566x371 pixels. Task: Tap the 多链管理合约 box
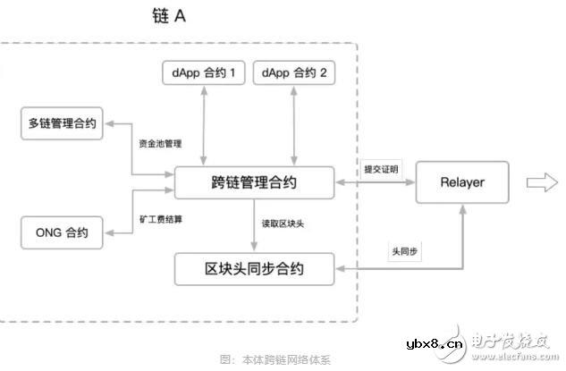pos(63,122)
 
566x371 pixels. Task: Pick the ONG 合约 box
pos(63,234)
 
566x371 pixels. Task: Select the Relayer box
pos(461,183)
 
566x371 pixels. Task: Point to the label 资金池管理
pos(161,144)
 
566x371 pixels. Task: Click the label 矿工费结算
pos(161,219)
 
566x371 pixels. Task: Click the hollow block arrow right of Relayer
pos(540,183)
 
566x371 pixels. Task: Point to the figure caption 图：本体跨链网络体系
pos(275,360)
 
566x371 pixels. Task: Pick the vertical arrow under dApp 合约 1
pos(205,125)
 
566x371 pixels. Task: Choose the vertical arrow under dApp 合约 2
pos(295,125)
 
